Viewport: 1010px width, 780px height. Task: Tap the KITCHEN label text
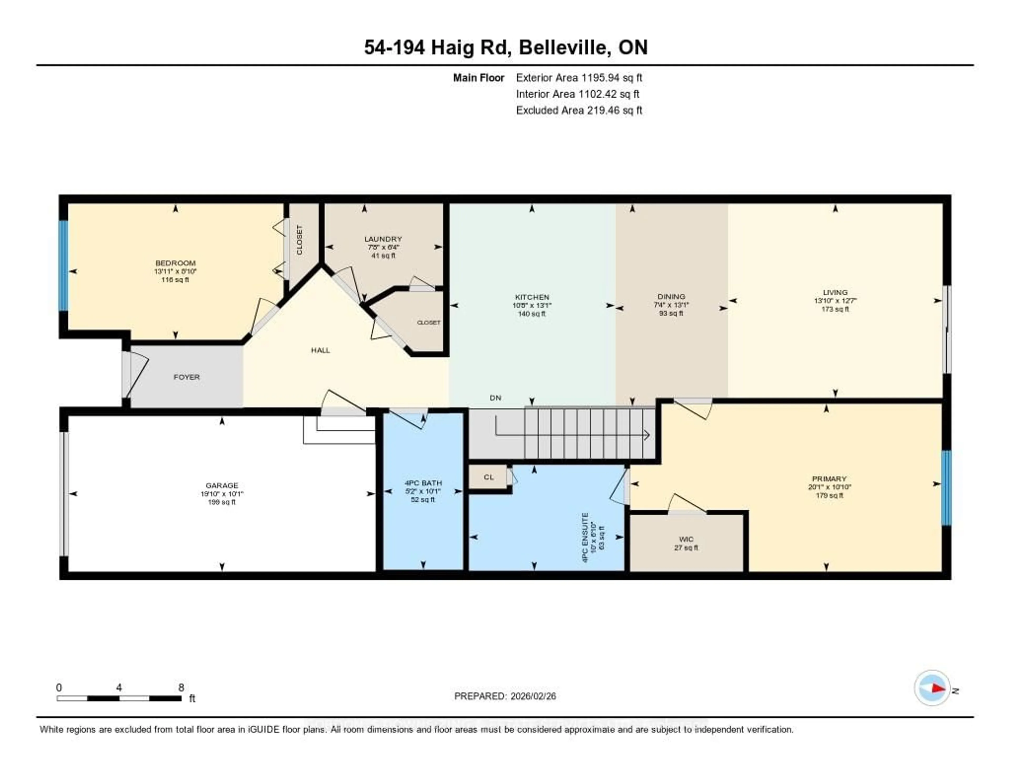coord(532,297)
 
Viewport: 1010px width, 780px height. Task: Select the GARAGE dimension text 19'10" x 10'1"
coord(222,494)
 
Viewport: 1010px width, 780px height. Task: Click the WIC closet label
coord(686,539)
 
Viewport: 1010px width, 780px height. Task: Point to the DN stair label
coord(495,398)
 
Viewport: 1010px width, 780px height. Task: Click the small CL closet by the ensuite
coord(489,477)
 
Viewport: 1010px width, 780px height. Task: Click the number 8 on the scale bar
coord(181,687)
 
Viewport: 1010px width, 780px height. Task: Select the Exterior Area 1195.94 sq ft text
coord(579,78)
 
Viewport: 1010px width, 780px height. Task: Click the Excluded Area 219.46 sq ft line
coord(579,110)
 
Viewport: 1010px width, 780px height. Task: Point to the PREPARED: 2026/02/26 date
coord(505,696)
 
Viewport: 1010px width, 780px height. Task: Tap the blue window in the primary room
coord(946,488)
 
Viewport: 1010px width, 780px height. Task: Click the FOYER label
coord(187,377)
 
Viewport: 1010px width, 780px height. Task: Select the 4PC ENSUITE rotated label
coord(585,537)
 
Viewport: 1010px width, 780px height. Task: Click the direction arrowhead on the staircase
coord(647,435)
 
